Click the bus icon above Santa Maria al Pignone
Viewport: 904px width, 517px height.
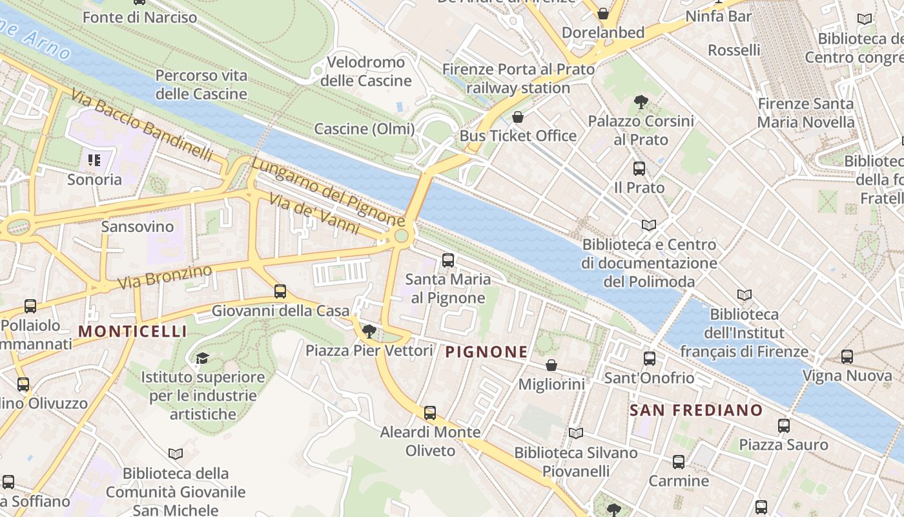[x=447, y=260]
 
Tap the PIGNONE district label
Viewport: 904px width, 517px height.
[x=487, y=352]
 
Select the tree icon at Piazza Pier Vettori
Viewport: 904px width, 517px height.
[x=369, y=332]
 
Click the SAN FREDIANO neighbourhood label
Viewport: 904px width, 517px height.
[x=696, y=410]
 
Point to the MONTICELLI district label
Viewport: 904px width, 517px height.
[x=132, y=332]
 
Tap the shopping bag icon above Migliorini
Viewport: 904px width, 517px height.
[x=551, y=366]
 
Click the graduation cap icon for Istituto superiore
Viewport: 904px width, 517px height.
[x=203, y=358]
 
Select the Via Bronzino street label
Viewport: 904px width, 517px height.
[x=165, y=277]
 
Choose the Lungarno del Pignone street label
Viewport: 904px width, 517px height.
[x=327, y=193]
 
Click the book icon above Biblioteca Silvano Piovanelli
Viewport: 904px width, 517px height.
[x=575, y=434]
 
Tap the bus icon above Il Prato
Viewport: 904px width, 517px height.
[x=639, y=169]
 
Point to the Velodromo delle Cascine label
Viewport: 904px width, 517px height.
[x=366, y=71]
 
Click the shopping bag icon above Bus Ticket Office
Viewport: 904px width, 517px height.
[x=517, y=117]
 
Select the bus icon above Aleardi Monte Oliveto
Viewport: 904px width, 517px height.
[x=430, y=412]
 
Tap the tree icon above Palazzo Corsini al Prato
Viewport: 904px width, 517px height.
[x=641, y=102]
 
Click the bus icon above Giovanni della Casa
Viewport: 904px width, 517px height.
[x=280, y=291]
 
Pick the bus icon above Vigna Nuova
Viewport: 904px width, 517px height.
[x=847, y=356]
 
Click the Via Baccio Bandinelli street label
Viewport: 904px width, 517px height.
[x=142, y=125]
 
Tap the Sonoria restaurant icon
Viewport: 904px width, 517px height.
[x=94, y=160]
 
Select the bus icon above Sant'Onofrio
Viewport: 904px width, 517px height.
[x=650, y=359]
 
